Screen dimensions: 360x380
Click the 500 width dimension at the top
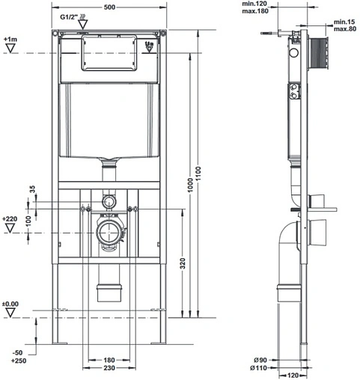[x=109, y=7]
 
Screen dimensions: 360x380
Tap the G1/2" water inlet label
[x=69, y=17]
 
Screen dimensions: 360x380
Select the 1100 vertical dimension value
[x=198, y=174]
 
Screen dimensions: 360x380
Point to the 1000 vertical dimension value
[x=190, y=185]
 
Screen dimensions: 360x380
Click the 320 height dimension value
[x=183, y=263]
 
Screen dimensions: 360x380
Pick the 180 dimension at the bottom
[x=109, y=360]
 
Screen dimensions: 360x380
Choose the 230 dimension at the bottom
[x=109, y=368]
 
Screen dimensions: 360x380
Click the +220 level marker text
[x=10, y=219]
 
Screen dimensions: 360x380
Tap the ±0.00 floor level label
[x=10, y=304]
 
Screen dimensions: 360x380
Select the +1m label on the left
[x=10, y=40]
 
